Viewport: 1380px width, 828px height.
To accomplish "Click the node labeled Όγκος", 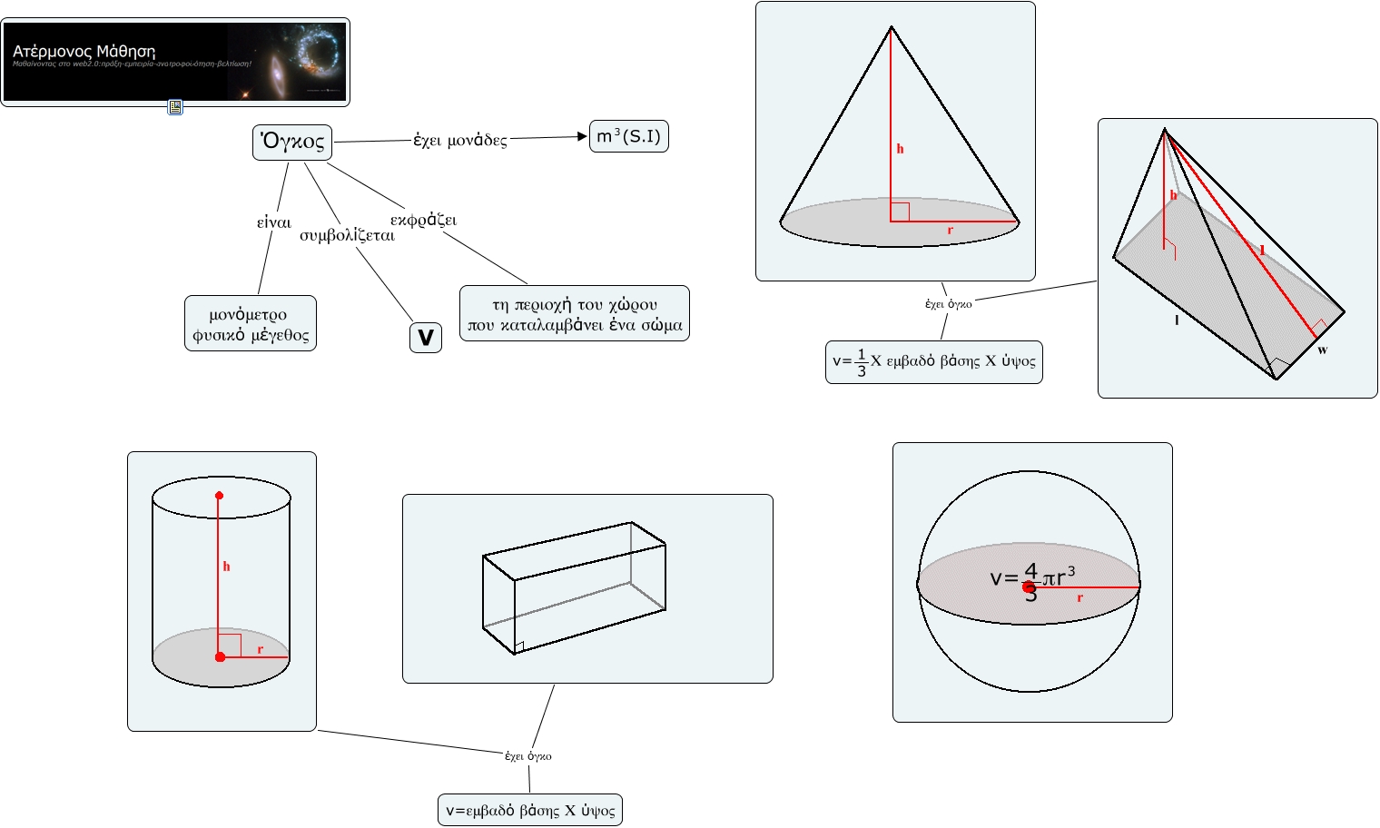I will (x=292, y=142).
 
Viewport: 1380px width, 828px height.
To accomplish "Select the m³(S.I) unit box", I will (x=628, y=136).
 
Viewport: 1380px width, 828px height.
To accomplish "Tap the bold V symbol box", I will (x=425, y=338).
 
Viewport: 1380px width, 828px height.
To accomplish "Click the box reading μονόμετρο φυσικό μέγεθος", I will (x=251, y=324).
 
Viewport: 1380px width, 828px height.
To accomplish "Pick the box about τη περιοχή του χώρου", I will (x=574, y=314).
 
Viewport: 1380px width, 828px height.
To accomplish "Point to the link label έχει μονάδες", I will (x=460, y=140).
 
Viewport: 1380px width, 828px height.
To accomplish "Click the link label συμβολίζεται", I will (x=347, y=236).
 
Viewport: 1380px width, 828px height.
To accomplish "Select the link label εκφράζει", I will (x=423, y=220).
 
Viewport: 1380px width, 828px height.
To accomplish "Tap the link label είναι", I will (x=274, y=222).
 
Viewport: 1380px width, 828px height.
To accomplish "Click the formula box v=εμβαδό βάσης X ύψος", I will (x=530, y=810).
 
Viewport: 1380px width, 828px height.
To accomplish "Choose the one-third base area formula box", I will (x=933, y=362).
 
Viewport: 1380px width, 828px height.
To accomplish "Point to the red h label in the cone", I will (x=900, y=149).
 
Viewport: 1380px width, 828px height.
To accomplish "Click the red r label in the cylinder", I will (x=261, y=649).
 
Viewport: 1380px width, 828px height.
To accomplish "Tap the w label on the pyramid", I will (x=1322, y=350).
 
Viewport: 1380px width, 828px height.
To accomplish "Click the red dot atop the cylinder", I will (x=219, y=496).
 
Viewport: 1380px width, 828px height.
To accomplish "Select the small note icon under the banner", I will (x=175, y=107).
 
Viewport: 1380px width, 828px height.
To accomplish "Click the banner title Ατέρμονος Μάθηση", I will (x=84, y=52).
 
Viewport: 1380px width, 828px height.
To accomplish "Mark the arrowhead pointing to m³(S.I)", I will (x=583, y=136).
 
